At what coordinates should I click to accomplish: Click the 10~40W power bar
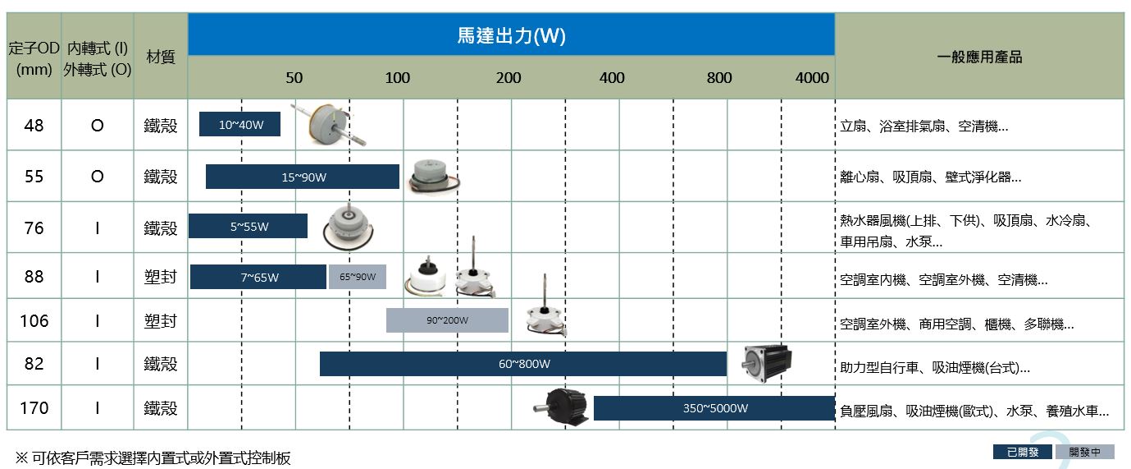coord(239,125)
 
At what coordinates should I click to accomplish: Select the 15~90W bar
coord(303,177)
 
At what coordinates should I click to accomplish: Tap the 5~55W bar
coord(248,226)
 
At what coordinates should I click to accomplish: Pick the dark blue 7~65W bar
coord(258,277)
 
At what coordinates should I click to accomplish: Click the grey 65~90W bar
coord(357,277)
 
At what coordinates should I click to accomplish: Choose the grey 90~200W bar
coord(447,320)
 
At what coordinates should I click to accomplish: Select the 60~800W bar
coord(523,364)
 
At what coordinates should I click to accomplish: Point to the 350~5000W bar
coord(714,407)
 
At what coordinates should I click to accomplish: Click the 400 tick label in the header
coord(612,78)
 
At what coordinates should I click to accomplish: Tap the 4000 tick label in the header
coord(812,78)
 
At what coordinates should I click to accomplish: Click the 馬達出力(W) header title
coord(511,35)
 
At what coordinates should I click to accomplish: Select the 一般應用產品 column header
coord(979,57)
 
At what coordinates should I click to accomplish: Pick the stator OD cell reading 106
coord(34,320)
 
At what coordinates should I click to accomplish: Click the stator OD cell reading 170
coord(34,407)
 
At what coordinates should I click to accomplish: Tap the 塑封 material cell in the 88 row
coord(160,277)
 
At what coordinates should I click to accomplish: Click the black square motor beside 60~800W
coord(768,362)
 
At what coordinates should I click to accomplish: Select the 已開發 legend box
coord(1022,452)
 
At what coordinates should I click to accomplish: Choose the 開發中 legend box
coord(1084,452)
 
